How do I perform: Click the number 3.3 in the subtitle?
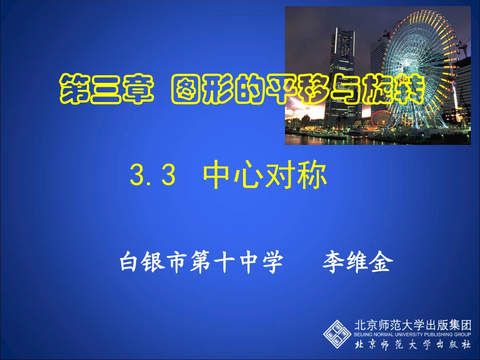click(153, 177)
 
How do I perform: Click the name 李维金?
click(357, 263)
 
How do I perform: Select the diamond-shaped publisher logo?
click(337, 333)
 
